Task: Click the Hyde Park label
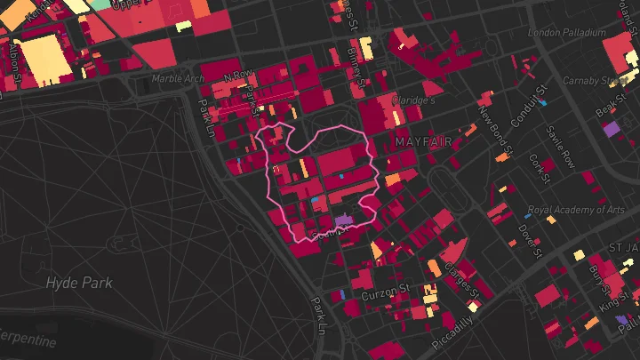coord(80,283)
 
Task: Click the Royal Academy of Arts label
coord(576,211)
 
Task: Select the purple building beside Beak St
coord(611,129)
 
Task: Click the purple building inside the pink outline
coord(343,220)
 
